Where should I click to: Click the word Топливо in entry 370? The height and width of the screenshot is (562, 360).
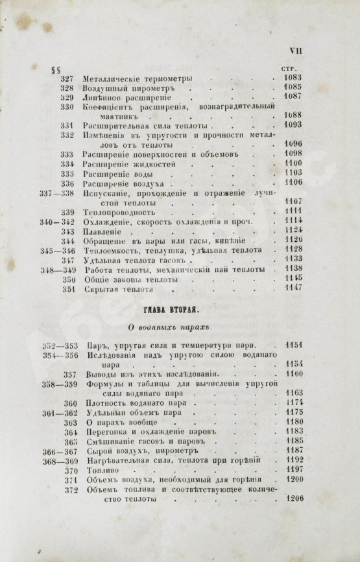[x=99, y=469]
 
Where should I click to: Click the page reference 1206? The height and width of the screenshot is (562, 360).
[x=292, y=499]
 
